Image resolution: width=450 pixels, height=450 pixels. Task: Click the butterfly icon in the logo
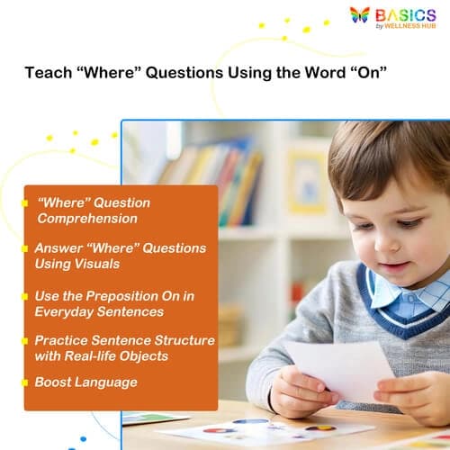pyautogui.click(x=360, y=15)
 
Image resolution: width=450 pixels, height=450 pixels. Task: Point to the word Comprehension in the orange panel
pyautogui.click(x=86, y=218)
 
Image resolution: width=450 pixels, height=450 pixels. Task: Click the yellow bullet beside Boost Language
pyautogui.click(x=25, y=382)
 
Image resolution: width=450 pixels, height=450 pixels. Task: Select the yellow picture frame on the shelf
pyautogui.click(x=307, y=180)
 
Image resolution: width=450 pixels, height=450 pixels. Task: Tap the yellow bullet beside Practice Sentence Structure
pyautogui.click(x=25, y=340)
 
